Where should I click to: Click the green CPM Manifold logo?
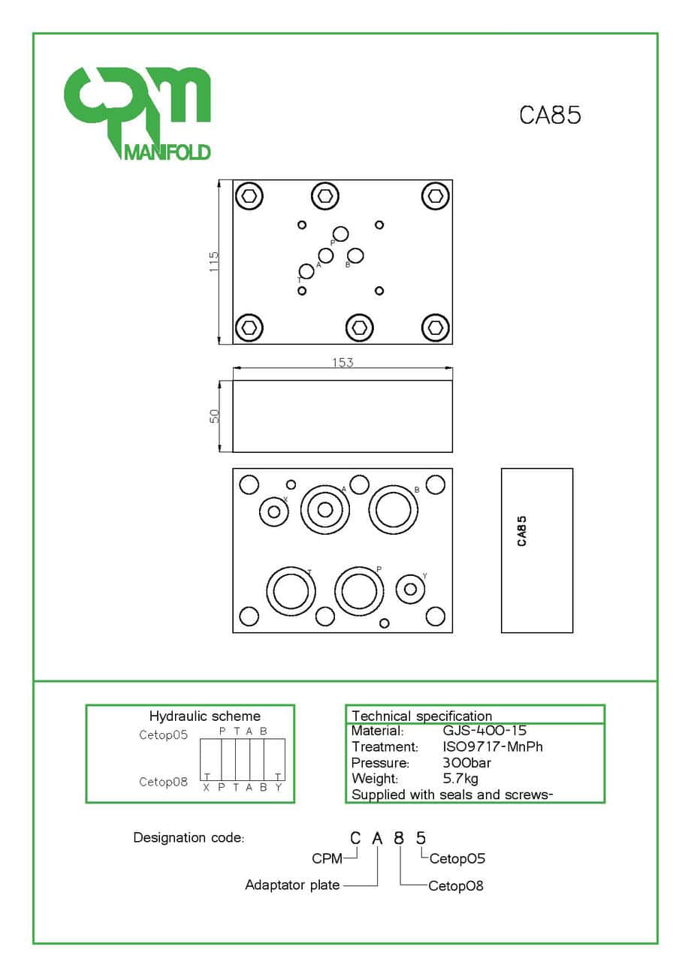click(x=136, y=113)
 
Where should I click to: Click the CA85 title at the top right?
click(x=551, y=115)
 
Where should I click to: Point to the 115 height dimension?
click(x=214, y=261)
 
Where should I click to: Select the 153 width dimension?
click(x=342, y=362)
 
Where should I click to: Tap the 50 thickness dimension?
click(x=214, y=415)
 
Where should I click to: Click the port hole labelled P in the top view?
click(x=340, y=234)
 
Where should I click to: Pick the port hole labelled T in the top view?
click(x=306, y=271)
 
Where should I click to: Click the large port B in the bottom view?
click(x=394, y=510)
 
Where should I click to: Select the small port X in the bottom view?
click(x=274, y=511)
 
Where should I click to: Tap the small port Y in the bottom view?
click(x=410, y=589)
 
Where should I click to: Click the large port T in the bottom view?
click(x=290, y=591)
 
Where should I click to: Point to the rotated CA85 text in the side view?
click(x=522, y=530)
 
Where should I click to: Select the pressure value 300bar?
click(x=467, y=763)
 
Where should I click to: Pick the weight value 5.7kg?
click(x=460, y=779)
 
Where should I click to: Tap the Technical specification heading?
click(x=421, y=716)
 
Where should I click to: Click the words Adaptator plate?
click(x=292, y=885)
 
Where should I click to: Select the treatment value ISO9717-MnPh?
click(x=493, y=746)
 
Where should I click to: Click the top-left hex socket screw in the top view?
click(x=249, y=196)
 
